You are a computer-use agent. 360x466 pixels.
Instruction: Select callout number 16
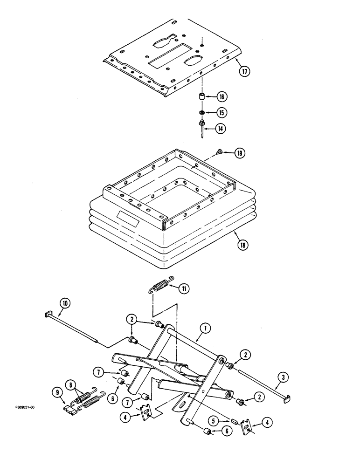(x=222, y=97)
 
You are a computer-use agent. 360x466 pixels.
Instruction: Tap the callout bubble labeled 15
(x=222, y=113)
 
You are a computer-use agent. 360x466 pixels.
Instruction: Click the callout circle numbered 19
(x=239, y=152)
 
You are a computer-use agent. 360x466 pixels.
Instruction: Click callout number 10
(x=64, y=304)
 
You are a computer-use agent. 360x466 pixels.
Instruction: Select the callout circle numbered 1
(x=203, y=329)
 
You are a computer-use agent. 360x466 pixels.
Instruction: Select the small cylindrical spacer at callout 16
(x=202, y=97)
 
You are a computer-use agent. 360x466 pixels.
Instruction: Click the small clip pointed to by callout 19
(x=220, y=151)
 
